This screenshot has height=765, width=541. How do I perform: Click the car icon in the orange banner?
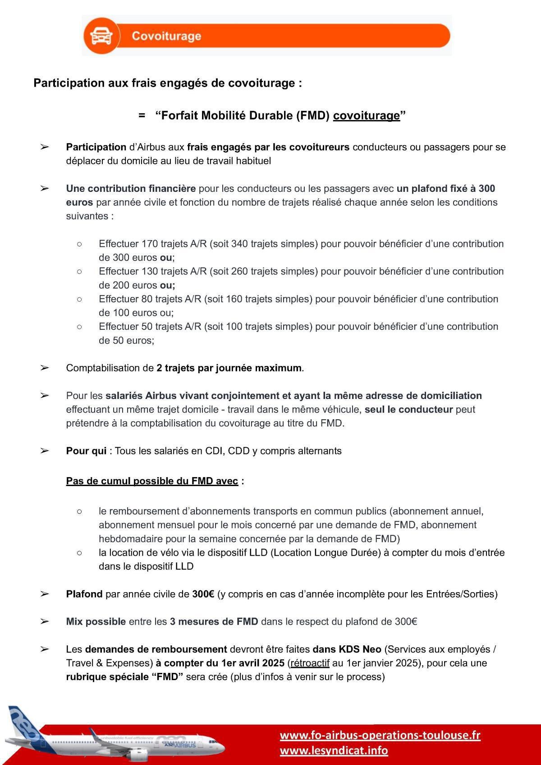(101, 36)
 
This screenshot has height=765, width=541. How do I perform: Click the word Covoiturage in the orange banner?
(166, 36)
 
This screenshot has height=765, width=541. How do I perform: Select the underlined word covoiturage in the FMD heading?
(366, 116)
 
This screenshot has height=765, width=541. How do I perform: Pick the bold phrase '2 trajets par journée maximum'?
(229, 368)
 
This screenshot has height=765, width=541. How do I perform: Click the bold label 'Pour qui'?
(86, 451)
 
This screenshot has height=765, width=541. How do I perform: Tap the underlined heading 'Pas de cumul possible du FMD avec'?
(152, 481)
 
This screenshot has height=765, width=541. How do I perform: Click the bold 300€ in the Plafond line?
(203, 594)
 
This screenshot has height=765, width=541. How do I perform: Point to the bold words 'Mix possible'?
(96, 621)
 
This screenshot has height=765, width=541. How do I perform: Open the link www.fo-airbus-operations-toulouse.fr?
(380, 735)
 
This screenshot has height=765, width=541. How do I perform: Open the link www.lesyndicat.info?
(334, 750)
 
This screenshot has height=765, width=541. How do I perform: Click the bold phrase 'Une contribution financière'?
(131, 189)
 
